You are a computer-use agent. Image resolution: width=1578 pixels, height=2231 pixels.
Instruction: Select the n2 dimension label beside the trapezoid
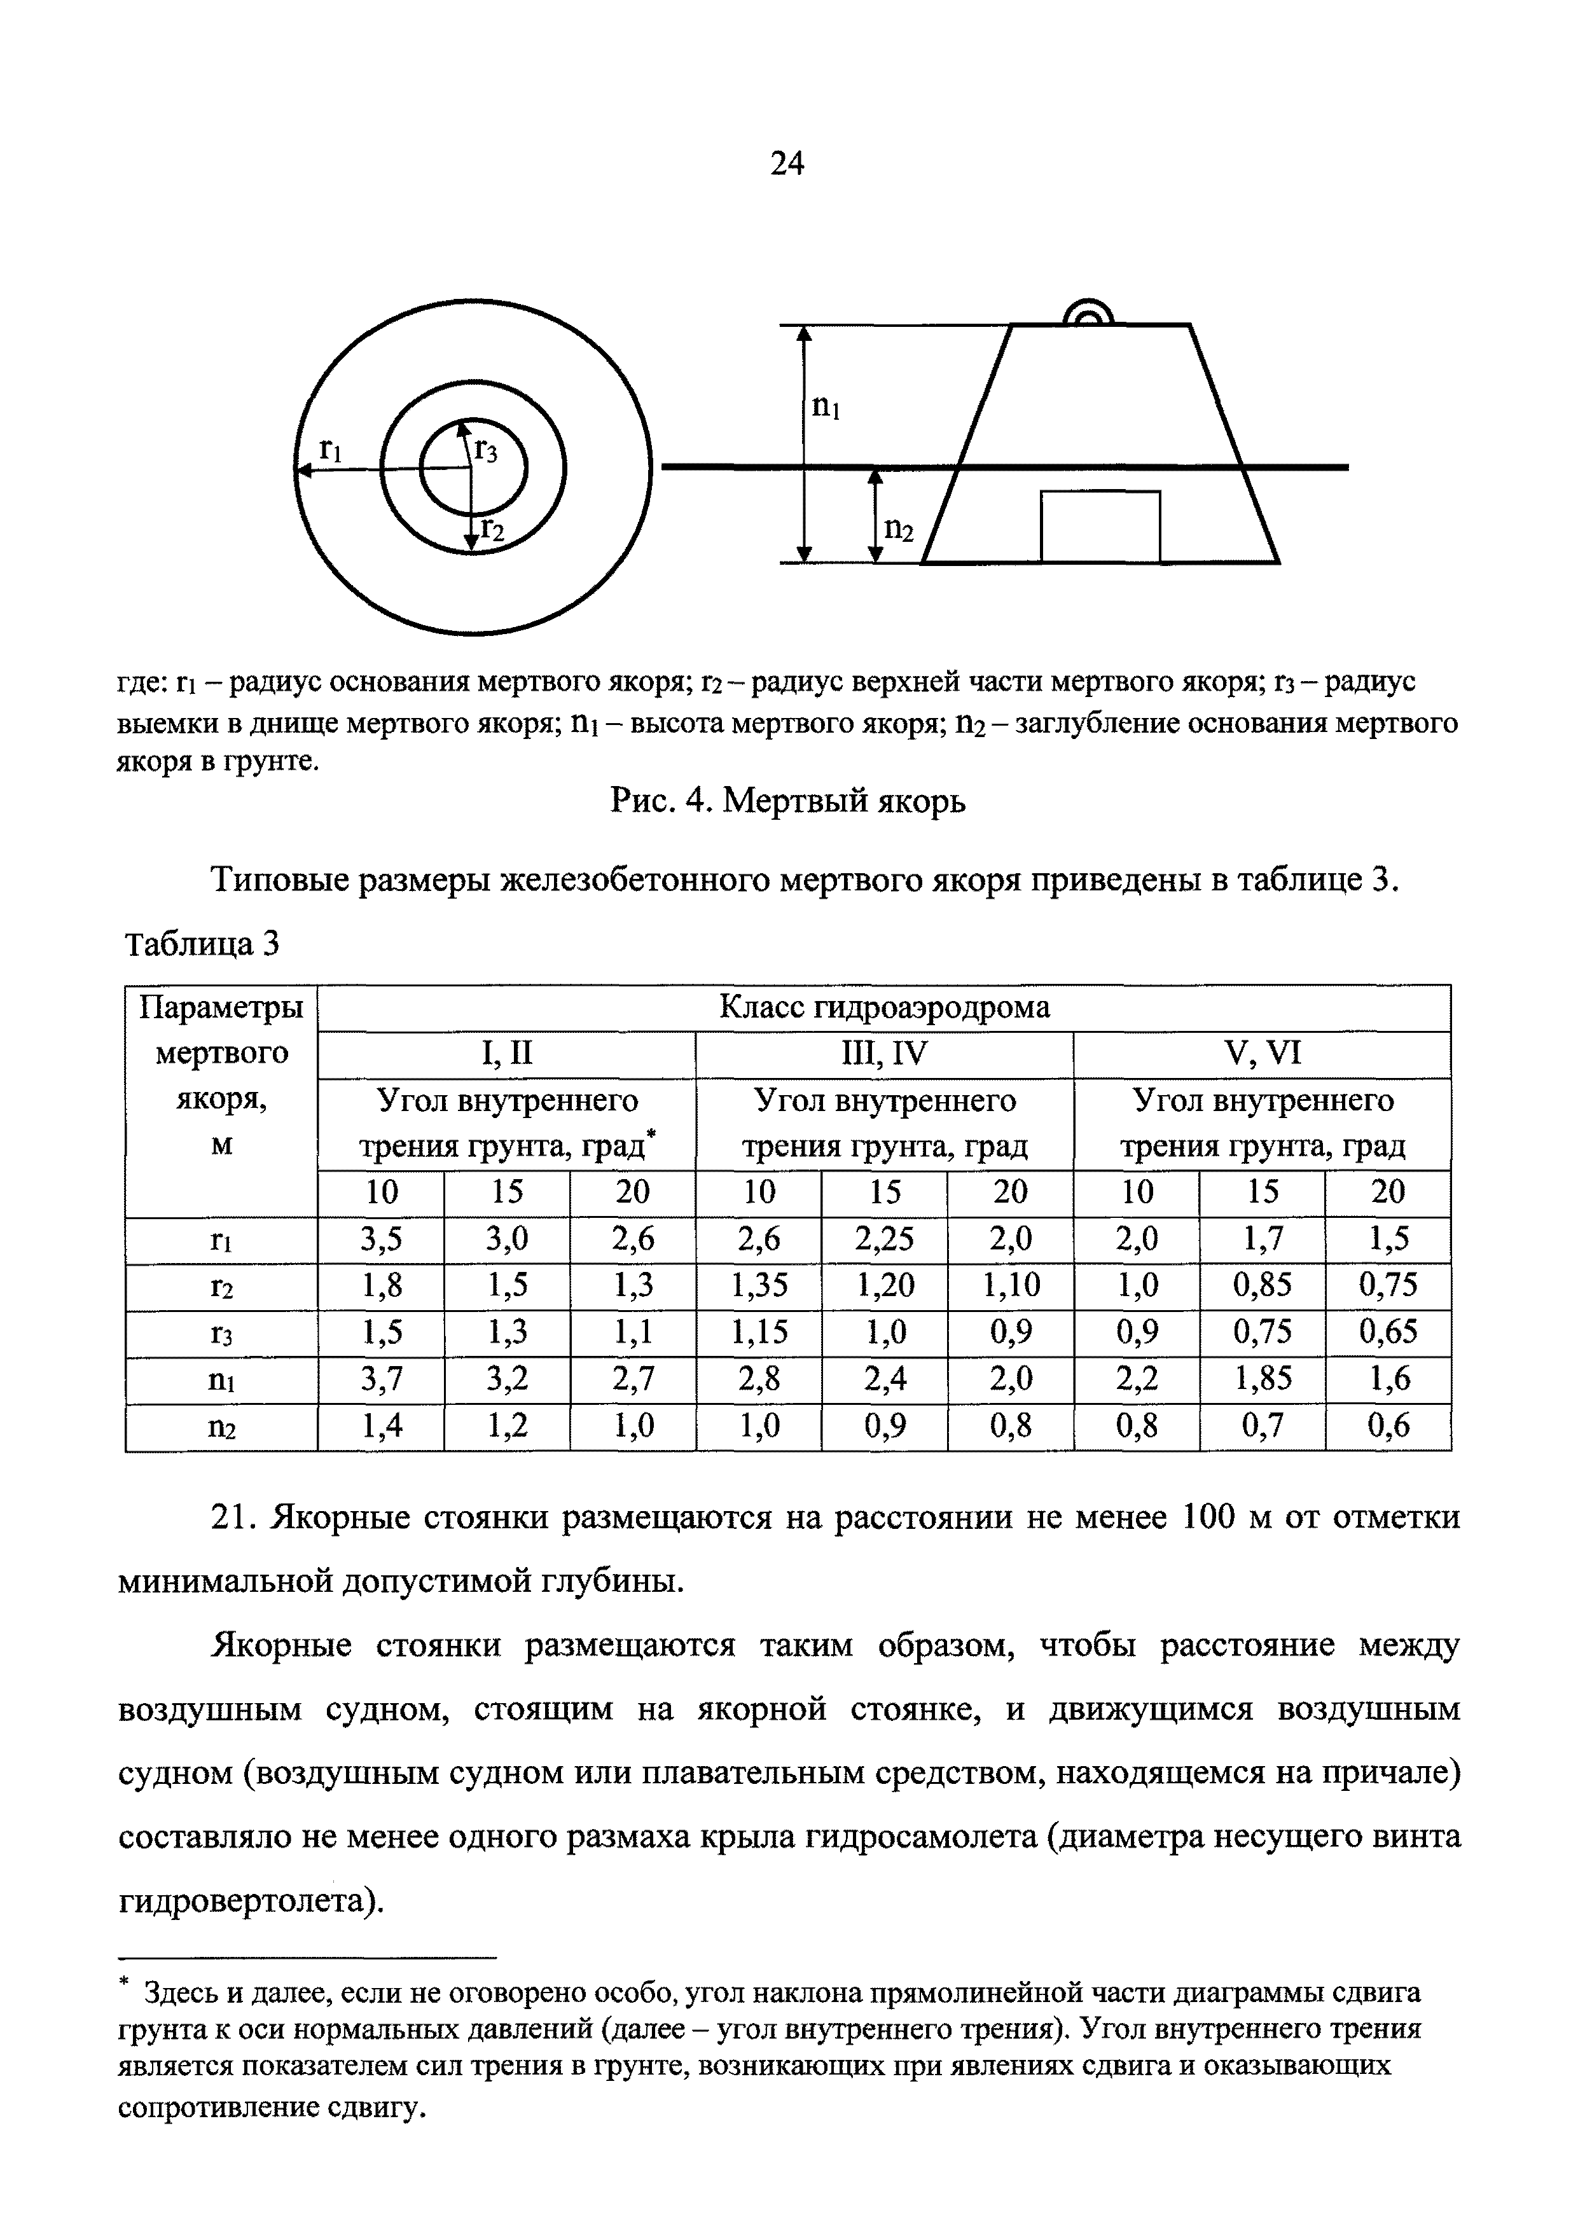coord(898,528)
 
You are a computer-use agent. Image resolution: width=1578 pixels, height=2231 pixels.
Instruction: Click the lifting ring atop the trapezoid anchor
coord(1088,313)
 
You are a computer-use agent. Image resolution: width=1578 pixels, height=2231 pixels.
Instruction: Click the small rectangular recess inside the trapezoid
coord(1100,526)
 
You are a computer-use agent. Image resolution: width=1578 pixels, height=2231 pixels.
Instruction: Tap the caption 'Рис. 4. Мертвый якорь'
coord(788,801)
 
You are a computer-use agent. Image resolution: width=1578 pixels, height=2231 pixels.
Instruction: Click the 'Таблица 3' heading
coord(202,944)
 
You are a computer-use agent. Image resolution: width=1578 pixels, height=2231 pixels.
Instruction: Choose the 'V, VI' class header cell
coord(1262,1054)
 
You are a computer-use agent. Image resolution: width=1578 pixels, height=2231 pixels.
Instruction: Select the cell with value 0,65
coord(1388,1333)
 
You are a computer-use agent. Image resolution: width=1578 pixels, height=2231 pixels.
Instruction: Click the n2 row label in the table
coord(221,1427)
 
